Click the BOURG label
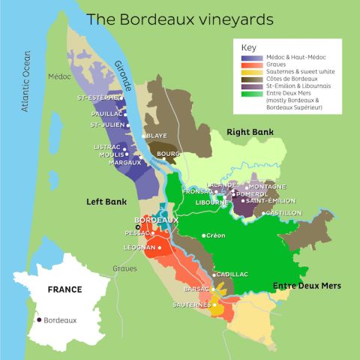[x=166, y=154]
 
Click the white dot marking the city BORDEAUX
[x=137, y=226]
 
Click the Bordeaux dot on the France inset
[x=38, y=320]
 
